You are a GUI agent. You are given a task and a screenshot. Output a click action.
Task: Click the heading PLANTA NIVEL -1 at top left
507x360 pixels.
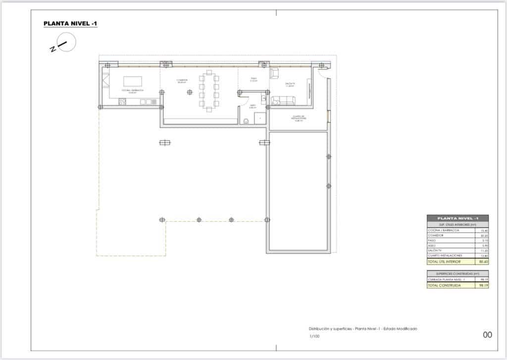(70, 23)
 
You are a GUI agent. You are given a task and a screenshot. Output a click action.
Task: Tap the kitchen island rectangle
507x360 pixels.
(133, 81)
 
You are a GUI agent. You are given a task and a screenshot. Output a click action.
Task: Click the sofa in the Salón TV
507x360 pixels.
(283, 101)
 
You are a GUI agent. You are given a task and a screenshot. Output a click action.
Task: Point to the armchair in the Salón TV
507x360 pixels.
(275, 74)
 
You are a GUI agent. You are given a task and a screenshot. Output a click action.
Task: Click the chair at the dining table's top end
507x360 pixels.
(209, 73)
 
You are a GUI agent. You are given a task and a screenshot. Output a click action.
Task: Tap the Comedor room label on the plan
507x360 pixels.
(182, 81)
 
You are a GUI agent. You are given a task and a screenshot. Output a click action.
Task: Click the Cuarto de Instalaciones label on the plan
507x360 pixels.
(298, 119)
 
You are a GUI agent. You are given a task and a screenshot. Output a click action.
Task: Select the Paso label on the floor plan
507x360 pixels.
(253, 79)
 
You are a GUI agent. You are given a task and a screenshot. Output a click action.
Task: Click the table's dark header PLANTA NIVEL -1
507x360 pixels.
(457, 218)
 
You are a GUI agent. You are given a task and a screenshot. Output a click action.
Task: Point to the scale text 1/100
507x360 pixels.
(314, 336)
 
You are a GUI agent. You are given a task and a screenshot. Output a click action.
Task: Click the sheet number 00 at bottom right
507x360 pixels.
(487, 335)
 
